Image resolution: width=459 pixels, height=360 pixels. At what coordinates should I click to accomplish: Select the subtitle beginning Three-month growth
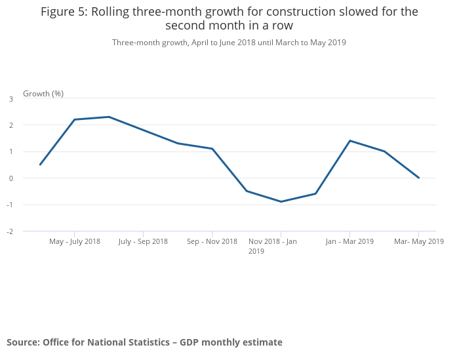pos(229,43)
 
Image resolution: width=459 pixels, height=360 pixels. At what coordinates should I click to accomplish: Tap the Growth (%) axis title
pos(43,94)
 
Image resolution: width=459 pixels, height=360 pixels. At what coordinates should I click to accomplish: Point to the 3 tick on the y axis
pos(11,99)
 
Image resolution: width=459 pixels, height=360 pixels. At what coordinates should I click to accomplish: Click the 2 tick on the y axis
pos(11,125)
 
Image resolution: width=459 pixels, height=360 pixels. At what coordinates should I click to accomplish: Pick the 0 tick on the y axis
pos(11,178)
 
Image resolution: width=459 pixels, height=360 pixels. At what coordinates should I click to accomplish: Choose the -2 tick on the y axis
pos(10,231)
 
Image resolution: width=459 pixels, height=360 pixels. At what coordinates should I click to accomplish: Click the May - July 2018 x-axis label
pos(75,241)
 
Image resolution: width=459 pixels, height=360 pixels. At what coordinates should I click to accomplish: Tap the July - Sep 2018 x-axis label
pos(143,241)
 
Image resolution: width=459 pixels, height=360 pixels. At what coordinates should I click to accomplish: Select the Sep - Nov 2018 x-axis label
pos(212,241)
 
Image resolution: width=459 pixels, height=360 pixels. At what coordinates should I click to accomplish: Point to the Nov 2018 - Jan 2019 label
pos(272,246)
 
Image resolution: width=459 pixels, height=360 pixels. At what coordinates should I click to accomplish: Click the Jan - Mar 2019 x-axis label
pos(349,241)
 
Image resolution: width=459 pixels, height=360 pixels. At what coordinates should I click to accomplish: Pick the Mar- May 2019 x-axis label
pos(418,241)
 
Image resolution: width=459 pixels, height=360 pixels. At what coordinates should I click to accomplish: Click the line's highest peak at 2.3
pos(109,117)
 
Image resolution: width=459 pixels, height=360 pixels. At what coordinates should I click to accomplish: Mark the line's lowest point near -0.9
pos(281,201)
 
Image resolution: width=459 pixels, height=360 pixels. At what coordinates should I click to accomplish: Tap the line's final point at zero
pos(418,178)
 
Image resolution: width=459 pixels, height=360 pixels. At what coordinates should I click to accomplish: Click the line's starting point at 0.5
pos(40,165)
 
